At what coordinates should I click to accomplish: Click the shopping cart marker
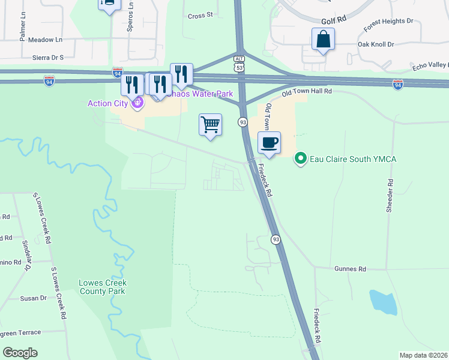pyautogui.click(x=210, y=125)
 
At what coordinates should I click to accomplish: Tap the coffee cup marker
pyautogui.click(x=269, y=143)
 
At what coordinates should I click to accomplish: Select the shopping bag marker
pyautogui.click(x=323, y=40)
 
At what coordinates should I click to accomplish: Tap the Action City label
pyautogui.click(x=108, y=103)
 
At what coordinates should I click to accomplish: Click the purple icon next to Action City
pyautogui.click(x=137, y=103)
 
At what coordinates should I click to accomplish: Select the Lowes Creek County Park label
pyautogui.click(x=103, y=287)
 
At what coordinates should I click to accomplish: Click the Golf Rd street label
pyautogui.click(x=334, y=20)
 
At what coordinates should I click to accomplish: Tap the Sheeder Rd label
pyautogui.click(x=390, y=196)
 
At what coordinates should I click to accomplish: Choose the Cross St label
pyautogui.click(x=200, y=16)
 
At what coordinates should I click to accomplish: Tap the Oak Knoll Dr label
pyautogui.click(x=375, y=44)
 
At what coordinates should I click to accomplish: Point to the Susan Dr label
pyautogui.click(x=33, y=298)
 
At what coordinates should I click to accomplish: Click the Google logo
pyautogui.click(x=20, y=352)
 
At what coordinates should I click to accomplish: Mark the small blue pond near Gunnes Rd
pyautogui.click(x=383, y=302)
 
